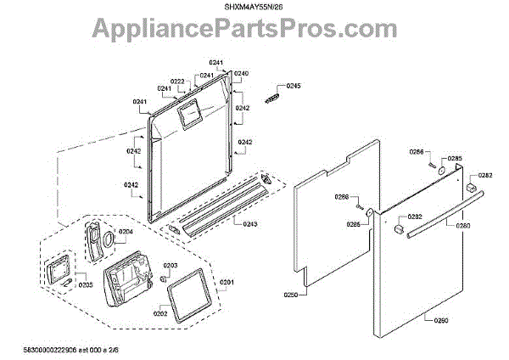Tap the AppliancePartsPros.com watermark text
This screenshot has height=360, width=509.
tap(255, 32)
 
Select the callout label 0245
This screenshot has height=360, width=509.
tap(294, 87)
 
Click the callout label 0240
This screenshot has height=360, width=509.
tap(242, 74)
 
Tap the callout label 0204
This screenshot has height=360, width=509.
tap(126, 231)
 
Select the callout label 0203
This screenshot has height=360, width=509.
tap(171, 266)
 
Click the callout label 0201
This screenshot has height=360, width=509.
tap(227, 282)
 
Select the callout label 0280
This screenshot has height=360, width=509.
tap(462, 226)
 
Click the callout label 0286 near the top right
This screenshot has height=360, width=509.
tap(417, 152)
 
